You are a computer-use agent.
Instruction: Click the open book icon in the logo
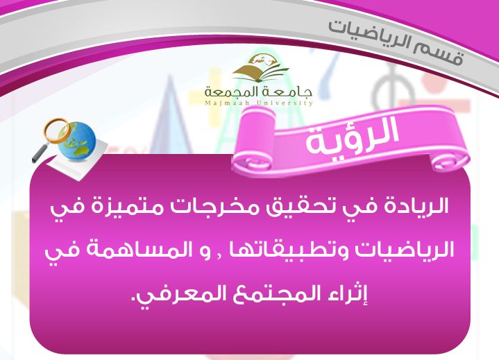point(259,68)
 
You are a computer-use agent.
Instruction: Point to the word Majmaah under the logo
point(222,103)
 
